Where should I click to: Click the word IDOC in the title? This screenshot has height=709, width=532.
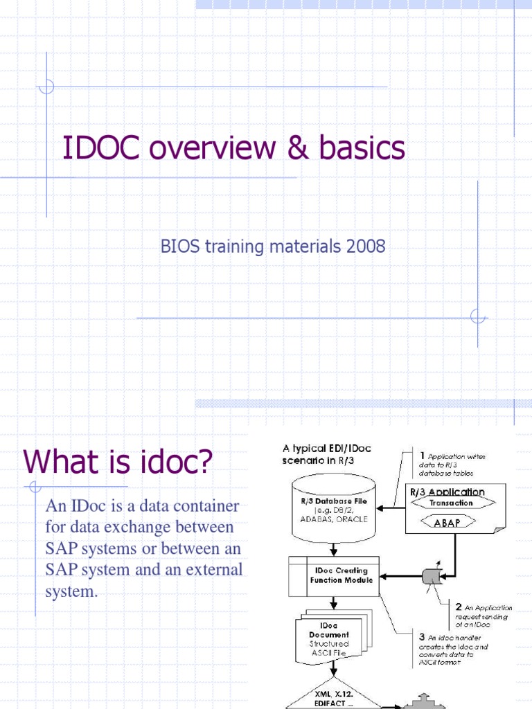coord(101,149)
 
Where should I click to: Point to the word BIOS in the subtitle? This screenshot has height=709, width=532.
coord(178,246)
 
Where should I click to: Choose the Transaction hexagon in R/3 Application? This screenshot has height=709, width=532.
coord(450,503)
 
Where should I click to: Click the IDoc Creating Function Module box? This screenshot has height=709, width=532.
coord(334,575)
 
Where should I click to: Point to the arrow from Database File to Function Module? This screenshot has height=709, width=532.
coord(334,549)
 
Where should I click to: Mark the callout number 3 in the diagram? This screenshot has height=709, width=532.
coord(422,635)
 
